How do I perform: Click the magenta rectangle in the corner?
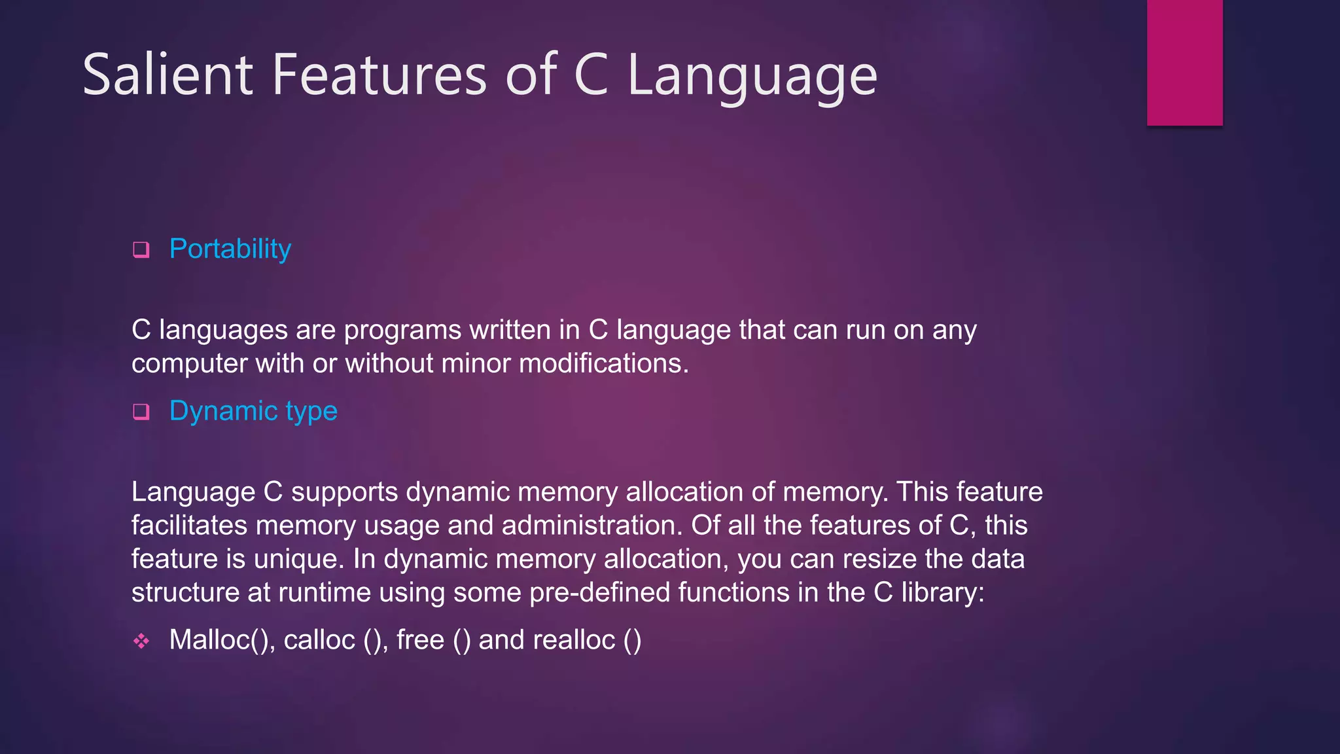1184,62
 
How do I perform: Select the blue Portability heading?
230,249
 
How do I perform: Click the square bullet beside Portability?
141,249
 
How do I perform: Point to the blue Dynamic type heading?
253,412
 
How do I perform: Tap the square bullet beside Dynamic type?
141,412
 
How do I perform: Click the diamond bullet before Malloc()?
141,641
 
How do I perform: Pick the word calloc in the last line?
319,640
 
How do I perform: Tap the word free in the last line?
420,640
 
